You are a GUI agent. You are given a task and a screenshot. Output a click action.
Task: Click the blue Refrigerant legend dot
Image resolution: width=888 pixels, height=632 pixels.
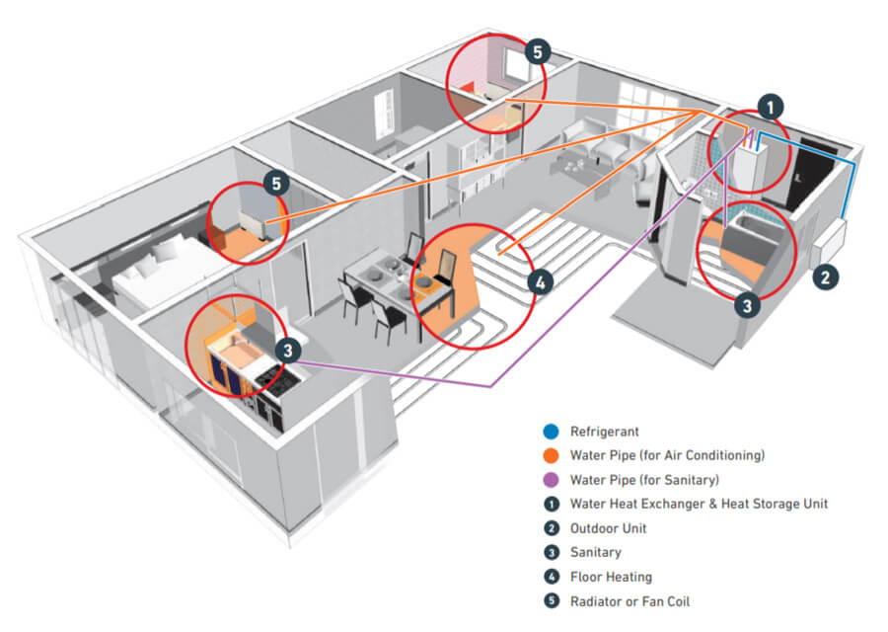coord(551,432)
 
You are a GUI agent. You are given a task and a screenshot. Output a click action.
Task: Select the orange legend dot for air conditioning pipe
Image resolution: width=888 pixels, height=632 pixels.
coord(551,455)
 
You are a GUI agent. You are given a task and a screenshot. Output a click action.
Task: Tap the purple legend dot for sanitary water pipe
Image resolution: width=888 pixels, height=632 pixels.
coord(551,480)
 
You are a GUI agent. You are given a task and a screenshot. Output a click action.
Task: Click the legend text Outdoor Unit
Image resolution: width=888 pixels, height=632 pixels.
coord(608,528)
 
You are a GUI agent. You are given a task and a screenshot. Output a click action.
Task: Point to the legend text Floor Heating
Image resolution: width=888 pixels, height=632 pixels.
coord(611,577)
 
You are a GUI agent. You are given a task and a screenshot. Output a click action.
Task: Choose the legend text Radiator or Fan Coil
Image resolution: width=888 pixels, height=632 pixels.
coord(629,601)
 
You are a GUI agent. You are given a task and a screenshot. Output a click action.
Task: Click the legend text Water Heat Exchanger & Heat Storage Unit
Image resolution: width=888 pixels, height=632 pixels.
coord(699,504)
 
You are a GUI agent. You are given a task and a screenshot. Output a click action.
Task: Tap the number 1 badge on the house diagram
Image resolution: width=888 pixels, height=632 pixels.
coord(771,107)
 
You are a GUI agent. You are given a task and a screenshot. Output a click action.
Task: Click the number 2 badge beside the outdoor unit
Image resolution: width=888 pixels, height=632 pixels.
coord(825,277)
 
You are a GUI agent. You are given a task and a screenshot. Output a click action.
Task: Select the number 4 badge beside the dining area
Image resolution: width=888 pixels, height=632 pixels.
coord(541,282)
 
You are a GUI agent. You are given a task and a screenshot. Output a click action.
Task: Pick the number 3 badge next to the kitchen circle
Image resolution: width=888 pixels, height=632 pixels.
coord(288,351)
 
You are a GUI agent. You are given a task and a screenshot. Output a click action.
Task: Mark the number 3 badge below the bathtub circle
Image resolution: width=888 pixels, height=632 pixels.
coord(747,306)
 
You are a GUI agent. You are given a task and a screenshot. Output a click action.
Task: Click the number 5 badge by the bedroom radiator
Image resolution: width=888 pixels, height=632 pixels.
coord(276,183)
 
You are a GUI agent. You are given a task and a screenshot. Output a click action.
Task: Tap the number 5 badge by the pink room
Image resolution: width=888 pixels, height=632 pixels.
coord(538,52)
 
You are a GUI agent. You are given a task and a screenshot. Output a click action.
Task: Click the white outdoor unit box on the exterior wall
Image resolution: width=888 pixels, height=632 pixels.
coord(830,244)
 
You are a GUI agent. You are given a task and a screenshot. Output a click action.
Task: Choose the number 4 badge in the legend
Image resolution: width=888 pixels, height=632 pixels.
coord(551,577)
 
